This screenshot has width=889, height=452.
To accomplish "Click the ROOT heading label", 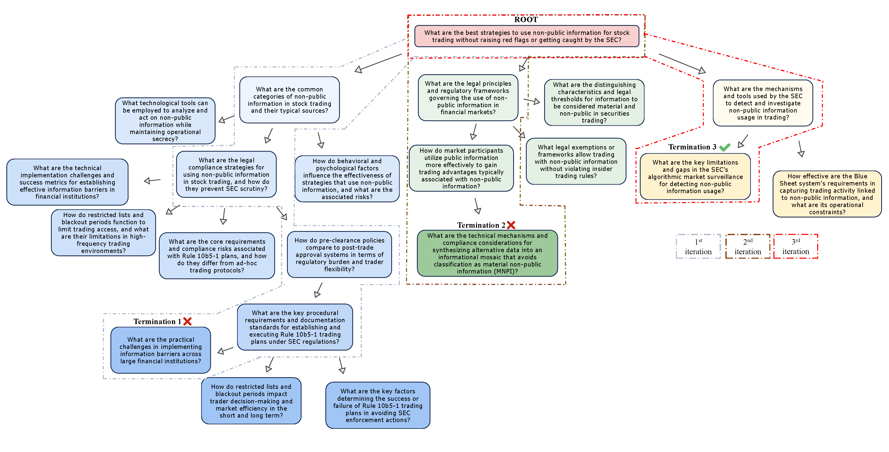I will (526, 20).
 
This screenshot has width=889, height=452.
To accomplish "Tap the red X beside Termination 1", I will (187, 321).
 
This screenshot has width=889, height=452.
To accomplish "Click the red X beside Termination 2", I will (511, 225).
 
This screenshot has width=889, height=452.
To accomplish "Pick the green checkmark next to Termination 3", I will (724, 147).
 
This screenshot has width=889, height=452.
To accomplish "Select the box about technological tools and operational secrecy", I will (165, 121).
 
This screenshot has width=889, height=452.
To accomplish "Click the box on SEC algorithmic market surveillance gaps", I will (695, 176).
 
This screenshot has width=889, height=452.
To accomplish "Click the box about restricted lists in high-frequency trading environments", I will (103, 233).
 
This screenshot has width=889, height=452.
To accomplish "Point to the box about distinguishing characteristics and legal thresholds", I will (594, 102).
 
